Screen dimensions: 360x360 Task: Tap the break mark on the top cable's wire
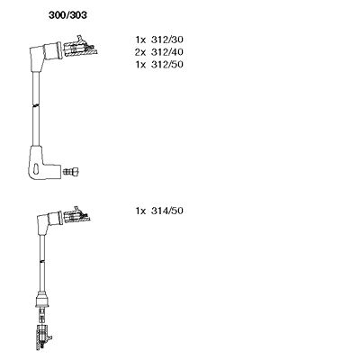point(36,106)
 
